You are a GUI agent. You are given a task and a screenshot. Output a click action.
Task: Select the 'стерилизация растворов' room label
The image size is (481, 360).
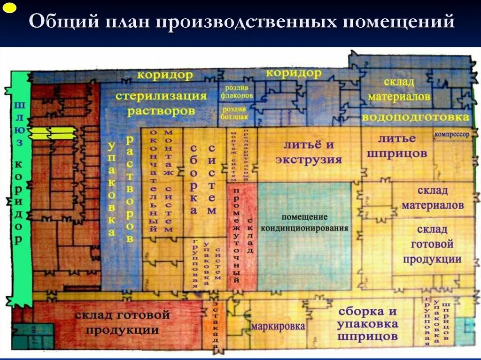click(x=161, y=104)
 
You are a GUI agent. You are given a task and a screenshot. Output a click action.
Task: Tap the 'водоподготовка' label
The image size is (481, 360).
click(x=416, y=117)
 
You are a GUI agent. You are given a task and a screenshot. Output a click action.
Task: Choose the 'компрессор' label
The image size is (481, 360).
click(x=452, y=134)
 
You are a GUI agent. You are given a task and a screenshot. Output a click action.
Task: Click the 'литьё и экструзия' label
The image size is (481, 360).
click(x=308, y=152)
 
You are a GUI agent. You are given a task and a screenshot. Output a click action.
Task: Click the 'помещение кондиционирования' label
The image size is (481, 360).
click(x=304, y=223)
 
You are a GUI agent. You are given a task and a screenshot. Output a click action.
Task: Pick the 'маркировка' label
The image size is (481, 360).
click(x=278, y=326)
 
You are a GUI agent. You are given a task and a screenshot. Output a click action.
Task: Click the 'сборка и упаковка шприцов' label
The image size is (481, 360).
click(x=367, y=324)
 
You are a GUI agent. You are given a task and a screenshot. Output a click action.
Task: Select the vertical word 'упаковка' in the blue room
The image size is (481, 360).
click(x=112, y=188)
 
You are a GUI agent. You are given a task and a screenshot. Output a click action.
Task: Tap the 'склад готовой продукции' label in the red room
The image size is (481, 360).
click(x=122, y=322)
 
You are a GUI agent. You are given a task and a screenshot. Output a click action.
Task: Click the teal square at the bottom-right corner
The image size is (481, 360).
click(x=465, y=330)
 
